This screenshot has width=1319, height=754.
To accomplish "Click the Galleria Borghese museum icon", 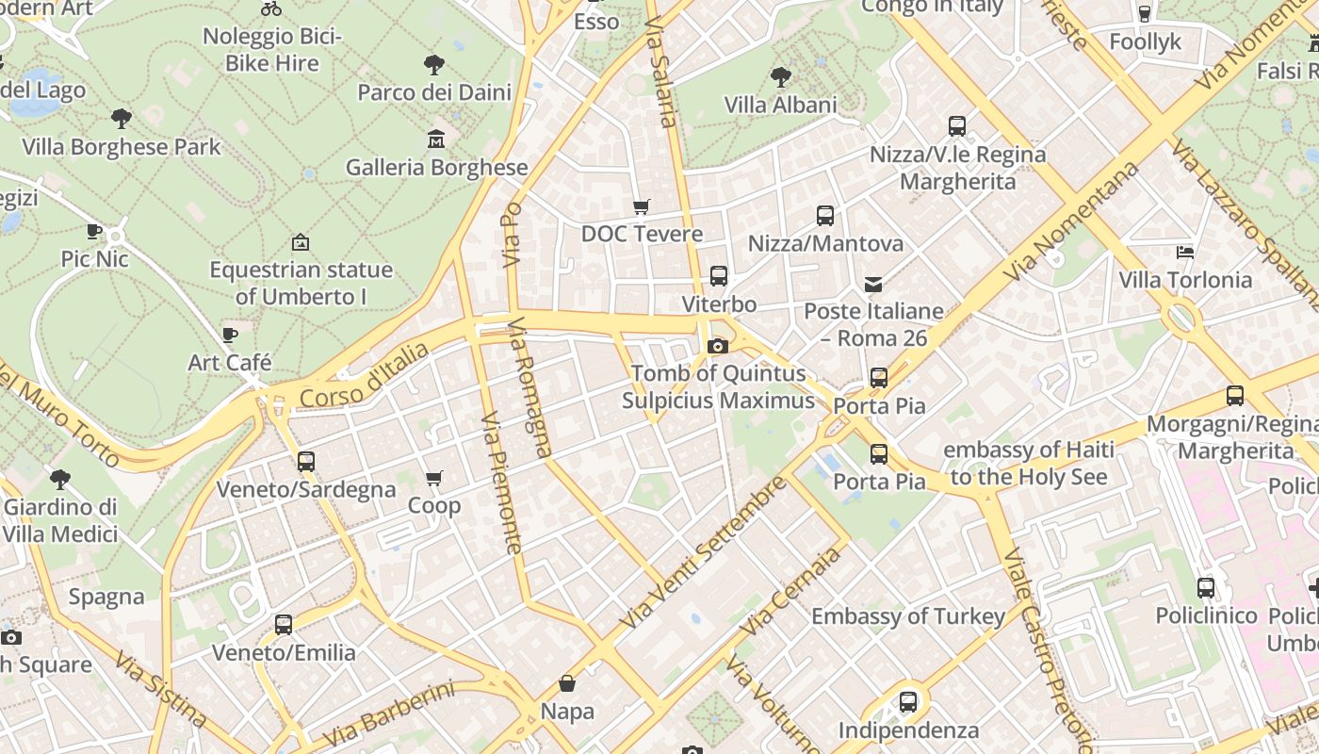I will (x=436, y=139).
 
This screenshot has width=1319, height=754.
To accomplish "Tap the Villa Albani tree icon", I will (x=780, y=76).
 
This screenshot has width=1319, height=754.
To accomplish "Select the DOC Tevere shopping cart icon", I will (x=642, y=206).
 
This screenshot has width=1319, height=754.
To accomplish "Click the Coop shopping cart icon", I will (x=434, y=479).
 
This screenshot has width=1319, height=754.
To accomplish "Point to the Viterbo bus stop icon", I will (x=719, y=276).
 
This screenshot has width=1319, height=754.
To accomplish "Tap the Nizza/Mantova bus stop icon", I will (x=825, y=216).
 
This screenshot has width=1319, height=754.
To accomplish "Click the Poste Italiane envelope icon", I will (x=873, y=284).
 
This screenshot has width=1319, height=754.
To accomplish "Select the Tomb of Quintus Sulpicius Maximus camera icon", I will (x=718, y=346).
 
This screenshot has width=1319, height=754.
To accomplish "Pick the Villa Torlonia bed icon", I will (x=1185, y=252).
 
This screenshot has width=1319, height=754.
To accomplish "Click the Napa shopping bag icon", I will (x=567, y=682).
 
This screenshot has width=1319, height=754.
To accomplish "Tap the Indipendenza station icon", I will (x=908, y=702).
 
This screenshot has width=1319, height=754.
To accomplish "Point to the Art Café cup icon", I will (x=229, y=335).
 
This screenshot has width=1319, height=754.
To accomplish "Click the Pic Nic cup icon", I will (x=94, y=231).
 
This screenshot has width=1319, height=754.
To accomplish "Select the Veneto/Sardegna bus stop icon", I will (x=306, y=462).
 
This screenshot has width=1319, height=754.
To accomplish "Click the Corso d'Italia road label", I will (x=364, y=374).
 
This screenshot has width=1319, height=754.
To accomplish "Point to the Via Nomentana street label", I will (x=1071, y=221).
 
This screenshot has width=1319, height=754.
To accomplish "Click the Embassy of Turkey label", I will (x=908, y=616).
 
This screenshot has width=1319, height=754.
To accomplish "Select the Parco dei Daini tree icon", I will (x=434, y=65).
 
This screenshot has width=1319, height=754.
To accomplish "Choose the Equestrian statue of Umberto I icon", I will (x=301, y=242).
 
